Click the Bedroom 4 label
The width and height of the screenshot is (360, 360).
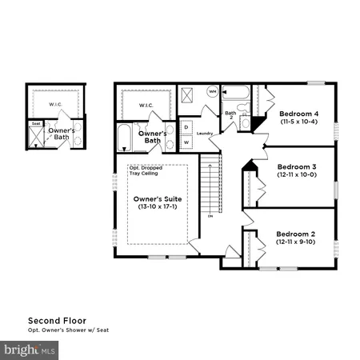[298, 113]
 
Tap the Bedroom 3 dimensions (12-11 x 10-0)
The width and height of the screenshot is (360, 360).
[297, 174]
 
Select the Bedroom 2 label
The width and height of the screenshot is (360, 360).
[297, 234]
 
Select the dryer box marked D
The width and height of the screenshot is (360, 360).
[185, 127]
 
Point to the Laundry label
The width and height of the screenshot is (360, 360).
[204, 134]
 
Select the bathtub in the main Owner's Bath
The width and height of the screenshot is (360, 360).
[124, 138]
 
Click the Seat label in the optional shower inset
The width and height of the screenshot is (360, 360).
[35, 124]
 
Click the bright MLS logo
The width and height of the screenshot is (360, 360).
[30, 350]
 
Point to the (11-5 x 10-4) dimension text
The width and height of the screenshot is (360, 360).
[298, 122]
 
